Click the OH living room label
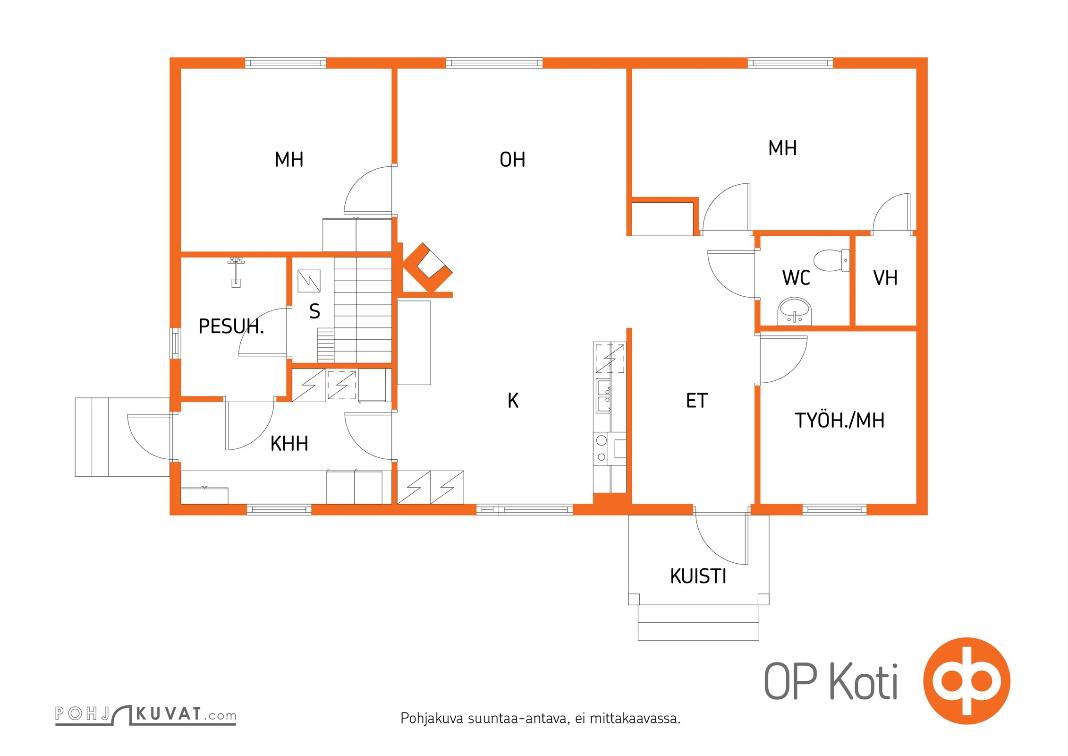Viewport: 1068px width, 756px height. pyautogui.click(x=512, y=160)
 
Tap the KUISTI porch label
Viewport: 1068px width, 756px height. pyautogui.click(x=698, y=576)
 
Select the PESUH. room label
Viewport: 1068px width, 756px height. pyautogui.click(x=231, y=326)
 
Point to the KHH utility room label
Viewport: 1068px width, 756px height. pyautogui.click(x=289, y=444)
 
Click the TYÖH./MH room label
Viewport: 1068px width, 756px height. pyautogui.click(x=839, y=420)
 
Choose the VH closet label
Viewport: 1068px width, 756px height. pyautogui.click(x=885, y=278)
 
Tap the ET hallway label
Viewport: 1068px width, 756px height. pyautogui.click(x=697, y=401)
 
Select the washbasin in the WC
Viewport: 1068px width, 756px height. pyautogui.click(x=795, y=311)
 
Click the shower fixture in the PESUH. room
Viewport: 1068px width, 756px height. pyautogui.click(x=236, y=272)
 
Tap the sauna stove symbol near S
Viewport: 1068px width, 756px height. pyautogui.click(x=309, y=281)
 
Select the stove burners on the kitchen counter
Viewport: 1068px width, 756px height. pyautogui.click(x=602, y=449)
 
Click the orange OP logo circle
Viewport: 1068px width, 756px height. pyautogui.click(x=966, y=681)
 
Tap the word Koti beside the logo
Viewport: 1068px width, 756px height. pyautogui.click(x=864, y=681)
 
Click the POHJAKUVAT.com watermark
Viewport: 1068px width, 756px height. pyautogui.click(x=145, y=714)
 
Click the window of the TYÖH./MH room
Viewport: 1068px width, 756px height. pyautogui.click(x=834, y=509)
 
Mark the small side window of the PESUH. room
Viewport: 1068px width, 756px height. pyautogui.click(x=175, y=343)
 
